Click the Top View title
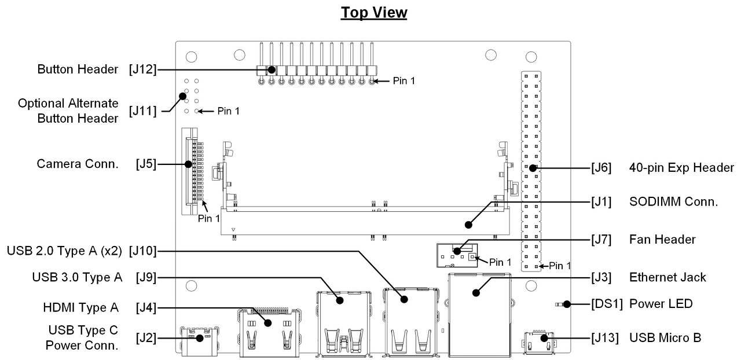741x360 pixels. [x=374, y=13]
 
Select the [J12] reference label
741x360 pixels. [x=143, y=69]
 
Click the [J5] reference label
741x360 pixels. [x=146, y=164]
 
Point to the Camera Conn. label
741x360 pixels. [x=77, y=164]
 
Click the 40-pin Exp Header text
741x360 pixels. [x=681, y=168]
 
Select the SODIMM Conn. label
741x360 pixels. [x=673, y=202]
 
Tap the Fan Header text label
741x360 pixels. [x=662, y=239]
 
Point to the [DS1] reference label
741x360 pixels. [x=607, y=304]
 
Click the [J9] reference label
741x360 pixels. [x=146, y=278]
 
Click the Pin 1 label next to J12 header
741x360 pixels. [x=404, y=81]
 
